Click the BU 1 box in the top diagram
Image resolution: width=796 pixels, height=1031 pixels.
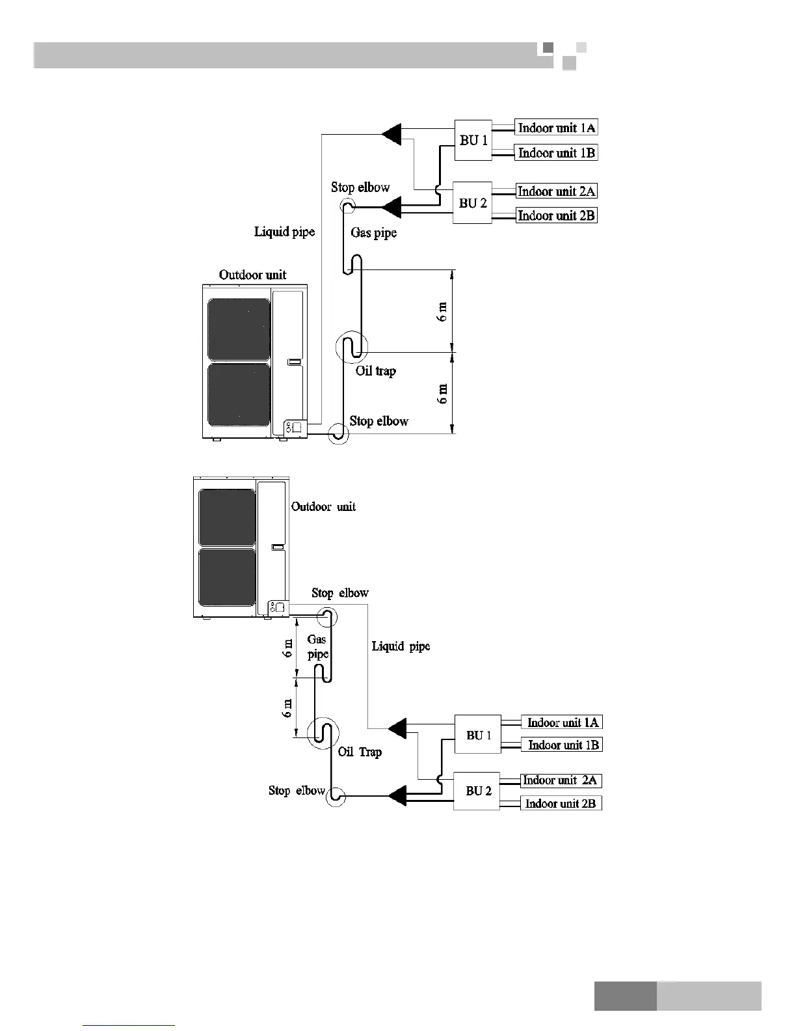pos(473,140)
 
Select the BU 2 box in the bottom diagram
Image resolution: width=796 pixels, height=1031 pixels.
pos(477,791)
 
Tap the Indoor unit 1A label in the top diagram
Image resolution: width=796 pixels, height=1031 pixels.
pos(556,128)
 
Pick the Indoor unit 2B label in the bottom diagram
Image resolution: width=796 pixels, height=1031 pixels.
pos(561,803)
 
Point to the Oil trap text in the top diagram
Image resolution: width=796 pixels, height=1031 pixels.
pos(375,371)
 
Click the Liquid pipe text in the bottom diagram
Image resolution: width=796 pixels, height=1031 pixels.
pos(401,646)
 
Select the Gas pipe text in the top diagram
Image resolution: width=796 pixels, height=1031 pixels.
pos(373,232)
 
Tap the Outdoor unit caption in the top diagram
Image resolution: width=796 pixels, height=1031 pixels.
pos(252,275)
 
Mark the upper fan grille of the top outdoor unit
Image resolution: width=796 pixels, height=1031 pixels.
pos(239,329)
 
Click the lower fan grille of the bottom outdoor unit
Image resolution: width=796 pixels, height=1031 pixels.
pos(227,577)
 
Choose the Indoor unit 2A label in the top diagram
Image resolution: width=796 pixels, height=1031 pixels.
pos(556,191)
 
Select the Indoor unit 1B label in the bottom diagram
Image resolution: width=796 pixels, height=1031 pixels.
pos(563,745)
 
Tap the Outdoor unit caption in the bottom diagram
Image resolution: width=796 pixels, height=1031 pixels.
pos(323,506)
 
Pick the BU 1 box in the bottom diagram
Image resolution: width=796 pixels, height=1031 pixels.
pos(477,735)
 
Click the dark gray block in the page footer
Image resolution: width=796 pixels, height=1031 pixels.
pos(625,996)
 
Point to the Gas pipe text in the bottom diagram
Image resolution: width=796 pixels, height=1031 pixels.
pos(317,647)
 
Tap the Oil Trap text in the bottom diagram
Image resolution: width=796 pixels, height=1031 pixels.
pos(360,752)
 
